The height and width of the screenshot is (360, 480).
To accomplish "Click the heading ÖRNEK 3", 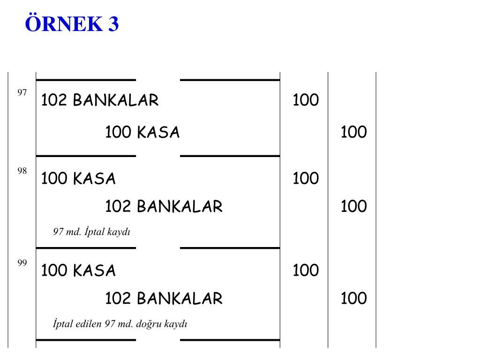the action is [72, 23].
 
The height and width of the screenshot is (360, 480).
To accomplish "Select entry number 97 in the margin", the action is [22, 92].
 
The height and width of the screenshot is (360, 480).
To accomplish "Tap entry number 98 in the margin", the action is [22, 171].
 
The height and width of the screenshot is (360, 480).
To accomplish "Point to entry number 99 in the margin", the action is [22, 263].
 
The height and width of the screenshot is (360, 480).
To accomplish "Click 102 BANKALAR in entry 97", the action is [100, 100].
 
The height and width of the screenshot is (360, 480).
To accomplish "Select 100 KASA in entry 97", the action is [142, 133].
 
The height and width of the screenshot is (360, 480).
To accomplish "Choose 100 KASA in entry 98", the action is [78, 179].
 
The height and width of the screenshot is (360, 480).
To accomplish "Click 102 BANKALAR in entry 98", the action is [164, 206].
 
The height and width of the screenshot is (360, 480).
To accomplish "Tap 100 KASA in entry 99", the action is [78, 270].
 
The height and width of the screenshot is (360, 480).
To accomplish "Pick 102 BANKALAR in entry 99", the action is [164, 299].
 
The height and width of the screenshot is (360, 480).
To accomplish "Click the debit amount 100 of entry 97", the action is [306, 100].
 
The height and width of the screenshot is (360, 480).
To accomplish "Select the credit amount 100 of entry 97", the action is [353, 133].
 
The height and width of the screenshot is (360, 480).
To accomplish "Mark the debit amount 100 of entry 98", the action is [306, 179].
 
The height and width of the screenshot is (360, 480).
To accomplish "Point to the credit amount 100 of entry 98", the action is [353, 206].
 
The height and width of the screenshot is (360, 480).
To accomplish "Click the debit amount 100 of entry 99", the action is [306, 270].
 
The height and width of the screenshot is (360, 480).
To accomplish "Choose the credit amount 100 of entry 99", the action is [353, 299].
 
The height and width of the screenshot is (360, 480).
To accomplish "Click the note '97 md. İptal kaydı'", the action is [91, 232].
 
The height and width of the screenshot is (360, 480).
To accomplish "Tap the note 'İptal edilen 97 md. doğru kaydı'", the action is [120, 324].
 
